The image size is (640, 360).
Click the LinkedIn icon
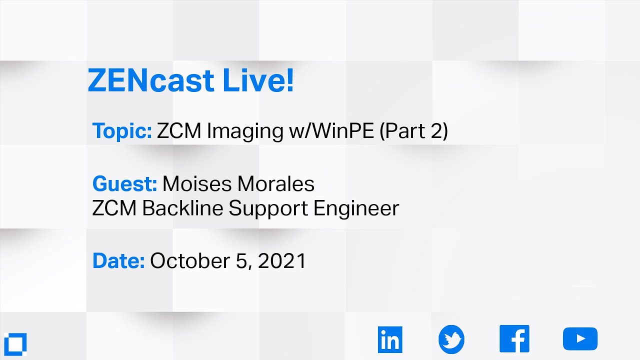point(390,339)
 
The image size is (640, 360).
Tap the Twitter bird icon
point(451,339)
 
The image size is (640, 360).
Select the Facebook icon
point(514,339)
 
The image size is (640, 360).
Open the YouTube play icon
point(580,339)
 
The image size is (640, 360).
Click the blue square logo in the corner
point(14,343)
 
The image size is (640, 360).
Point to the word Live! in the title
point(258,81)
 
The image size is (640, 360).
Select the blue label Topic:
point(122,131)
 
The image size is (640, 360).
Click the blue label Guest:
point(124,184)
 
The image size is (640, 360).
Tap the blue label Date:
point(118,261)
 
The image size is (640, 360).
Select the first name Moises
point(197,184)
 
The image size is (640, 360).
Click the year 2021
point(282,261)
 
